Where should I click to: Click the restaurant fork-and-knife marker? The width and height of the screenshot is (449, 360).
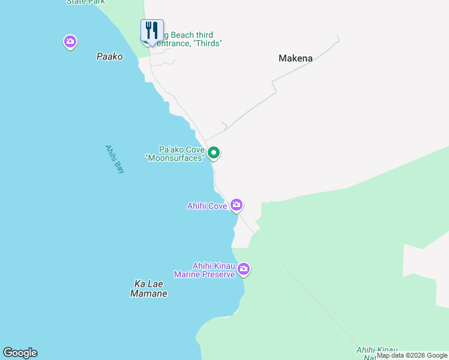(152, 30)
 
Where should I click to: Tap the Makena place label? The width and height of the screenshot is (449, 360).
(295, 58)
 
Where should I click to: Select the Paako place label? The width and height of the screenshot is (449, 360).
(109, 56)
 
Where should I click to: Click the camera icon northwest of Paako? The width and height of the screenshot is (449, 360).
(70, 41)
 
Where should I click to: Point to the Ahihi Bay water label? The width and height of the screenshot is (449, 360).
(114, 159)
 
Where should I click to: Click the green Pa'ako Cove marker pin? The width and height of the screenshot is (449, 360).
(214, 153)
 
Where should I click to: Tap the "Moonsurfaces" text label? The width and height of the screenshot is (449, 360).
(175, 157)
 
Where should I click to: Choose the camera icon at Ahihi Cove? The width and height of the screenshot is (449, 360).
(237, 205)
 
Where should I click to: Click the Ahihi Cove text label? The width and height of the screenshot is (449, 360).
(206, 206)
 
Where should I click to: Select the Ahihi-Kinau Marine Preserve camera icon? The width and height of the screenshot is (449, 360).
(243, 269)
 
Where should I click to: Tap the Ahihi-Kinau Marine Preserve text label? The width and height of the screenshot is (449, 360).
(205, 270)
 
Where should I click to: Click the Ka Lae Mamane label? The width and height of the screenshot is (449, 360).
(148, 289)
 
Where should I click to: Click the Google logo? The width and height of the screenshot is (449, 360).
(20, 353)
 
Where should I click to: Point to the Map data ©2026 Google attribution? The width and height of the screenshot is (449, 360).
(412, 355)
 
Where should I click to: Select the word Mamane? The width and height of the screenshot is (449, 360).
(148, 294)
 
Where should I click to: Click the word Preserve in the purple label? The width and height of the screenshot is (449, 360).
(220, 274)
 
